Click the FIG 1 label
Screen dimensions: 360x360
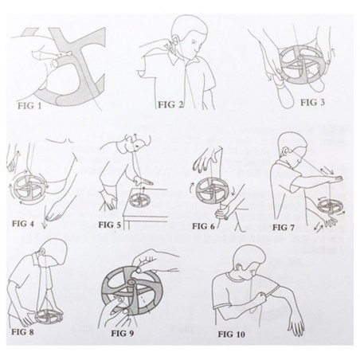click(29, 106)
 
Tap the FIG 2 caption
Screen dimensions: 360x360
click(170, 105)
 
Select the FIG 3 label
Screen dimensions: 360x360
click(312, 103)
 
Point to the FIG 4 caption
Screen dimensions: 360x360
click(23, 224)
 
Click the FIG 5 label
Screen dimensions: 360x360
click(110, 225)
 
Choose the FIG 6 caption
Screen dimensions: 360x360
click(203, 226)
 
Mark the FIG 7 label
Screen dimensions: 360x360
click(284, 228)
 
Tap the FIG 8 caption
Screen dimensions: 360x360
click(22, 332)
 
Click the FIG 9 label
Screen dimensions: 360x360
click(123, 333)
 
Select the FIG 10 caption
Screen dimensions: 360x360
click(232, 334)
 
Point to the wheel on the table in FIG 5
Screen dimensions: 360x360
click(139, 201)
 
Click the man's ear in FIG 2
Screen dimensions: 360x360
click(176, 39)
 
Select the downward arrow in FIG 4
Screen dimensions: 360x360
click(45, 217)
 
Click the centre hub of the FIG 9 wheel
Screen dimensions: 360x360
click(131, 282)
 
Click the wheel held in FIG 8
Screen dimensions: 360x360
click(49, 316)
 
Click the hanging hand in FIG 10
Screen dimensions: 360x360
click(297, 326)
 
